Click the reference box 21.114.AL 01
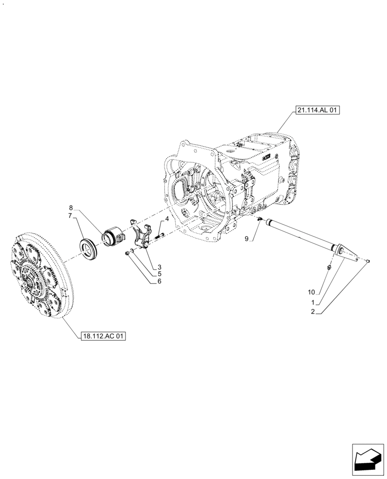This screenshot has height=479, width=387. pyautogui.click(x=317, y=111)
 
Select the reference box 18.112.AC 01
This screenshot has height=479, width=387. pyautogui.click(x=103, y=336)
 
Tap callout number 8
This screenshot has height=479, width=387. pyautogui.click(x=71, y=208)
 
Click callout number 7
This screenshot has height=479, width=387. pyautogui.click(x=71, y=216)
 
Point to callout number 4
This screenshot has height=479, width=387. pyautogui.click(x=166, y=219)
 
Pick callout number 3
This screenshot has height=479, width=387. pyautogui.click(x=159, y=267)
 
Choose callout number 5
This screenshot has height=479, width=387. pyautogui.click(x=159, y=274)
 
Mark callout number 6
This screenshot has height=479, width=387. pyautogui.click(x=159, y=282)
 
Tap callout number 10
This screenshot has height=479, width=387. pyautogui.click(x=311, y=291)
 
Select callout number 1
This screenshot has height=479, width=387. pyautogui.click(x=313, y=303)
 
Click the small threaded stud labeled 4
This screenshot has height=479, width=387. pyautogui.click(x=159, y=235)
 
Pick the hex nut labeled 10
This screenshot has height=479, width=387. pyautogui.click(x=328, y=267)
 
